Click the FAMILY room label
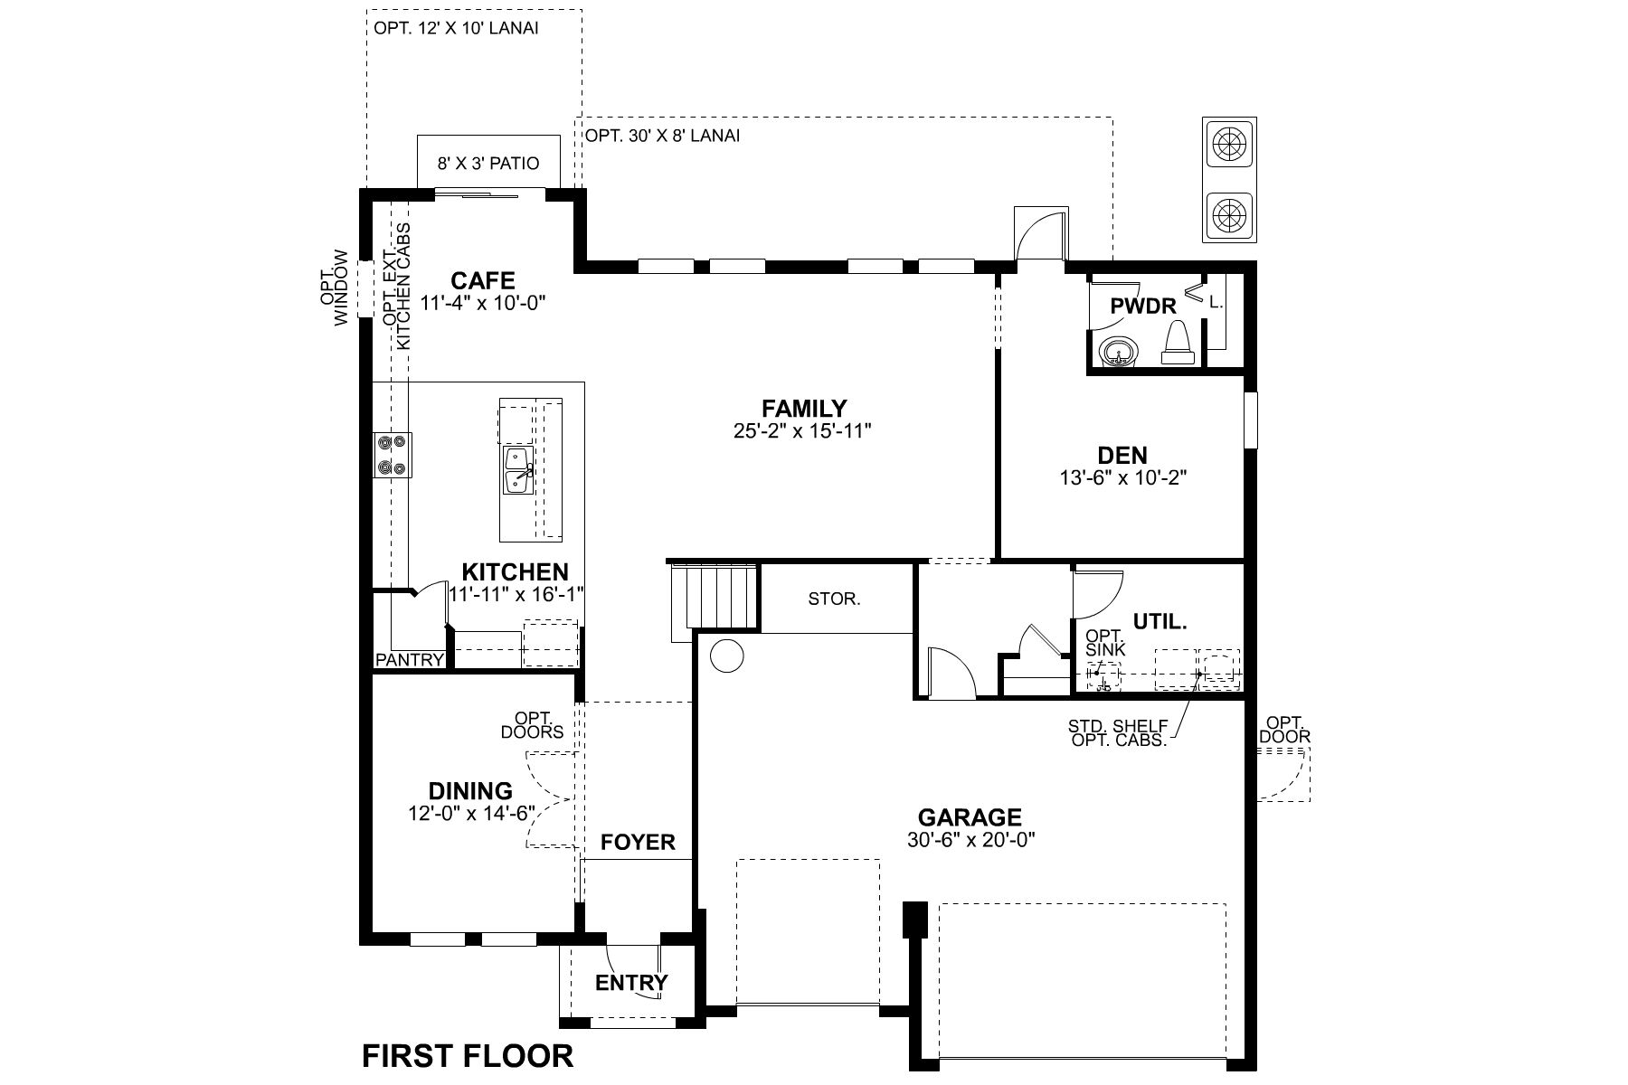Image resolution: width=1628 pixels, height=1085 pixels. (803, 409)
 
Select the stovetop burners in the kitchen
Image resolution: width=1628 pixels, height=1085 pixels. (393, 455)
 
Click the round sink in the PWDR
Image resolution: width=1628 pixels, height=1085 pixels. (1118, 352)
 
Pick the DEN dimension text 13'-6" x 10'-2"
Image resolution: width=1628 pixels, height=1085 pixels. (1122, 478)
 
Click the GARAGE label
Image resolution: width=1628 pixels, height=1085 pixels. (970, 817)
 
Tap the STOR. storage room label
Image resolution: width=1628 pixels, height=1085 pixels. (834, 599)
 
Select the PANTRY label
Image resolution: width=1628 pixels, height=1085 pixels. (410, 660)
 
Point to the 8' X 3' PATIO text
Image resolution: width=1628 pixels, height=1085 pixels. (488, 164)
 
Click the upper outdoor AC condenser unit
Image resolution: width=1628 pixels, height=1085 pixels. (1228, 143)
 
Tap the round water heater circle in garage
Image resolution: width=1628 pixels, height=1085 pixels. (725, 655)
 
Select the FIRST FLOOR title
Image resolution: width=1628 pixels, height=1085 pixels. (468, 1056)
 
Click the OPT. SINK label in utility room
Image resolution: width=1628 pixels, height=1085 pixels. (1105, 643)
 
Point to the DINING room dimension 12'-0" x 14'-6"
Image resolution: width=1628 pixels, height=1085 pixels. (470, 814)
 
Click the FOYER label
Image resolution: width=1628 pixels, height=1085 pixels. (638, 843)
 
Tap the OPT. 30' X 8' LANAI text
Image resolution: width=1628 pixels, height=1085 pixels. (663, 136)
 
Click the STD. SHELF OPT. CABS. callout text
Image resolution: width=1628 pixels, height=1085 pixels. (1118, 733)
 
